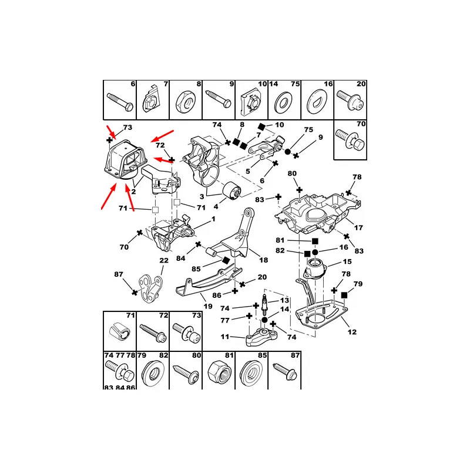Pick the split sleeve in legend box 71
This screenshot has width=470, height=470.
tap(119, 331)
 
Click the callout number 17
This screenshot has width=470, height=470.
tap(358, 228)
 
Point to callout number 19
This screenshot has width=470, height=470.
tap(208, 306)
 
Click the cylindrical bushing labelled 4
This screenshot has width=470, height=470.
tap(232, 190)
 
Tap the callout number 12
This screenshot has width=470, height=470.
tap(352, 332)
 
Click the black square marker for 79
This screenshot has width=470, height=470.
tap(344, 296)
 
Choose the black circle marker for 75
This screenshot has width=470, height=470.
tap(287, 152)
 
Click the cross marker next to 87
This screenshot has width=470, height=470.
tap(135, 292)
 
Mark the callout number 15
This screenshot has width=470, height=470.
tap(347, 261)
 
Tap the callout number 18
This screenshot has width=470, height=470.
tap(263, 260)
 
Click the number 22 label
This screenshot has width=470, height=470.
tap(164, 260)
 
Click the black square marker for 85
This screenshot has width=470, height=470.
tap(226, 260)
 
